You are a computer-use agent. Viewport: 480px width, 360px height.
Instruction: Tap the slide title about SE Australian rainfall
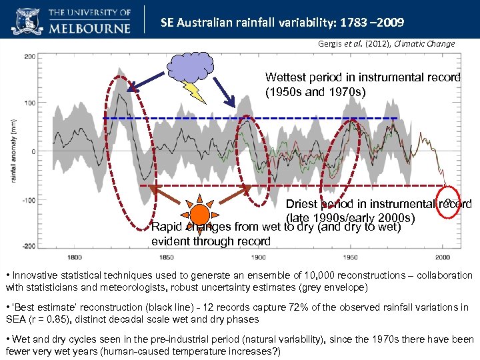pos(282,23)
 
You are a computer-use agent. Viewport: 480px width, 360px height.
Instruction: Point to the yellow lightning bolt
pos(196,92)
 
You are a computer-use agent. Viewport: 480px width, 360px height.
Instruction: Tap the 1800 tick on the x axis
pos(75,257)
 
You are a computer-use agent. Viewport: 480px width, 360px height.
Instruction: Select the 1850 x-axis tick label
pos(167,257)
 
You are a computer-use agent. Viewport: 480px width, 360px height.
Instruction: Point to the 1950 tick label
pos(351,257)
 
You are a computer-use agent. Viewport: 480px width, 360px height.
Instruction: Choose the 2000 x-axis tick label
pos(442,257)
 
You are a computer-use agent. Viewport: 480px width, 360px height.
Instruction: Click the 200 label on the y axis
pos(30,57)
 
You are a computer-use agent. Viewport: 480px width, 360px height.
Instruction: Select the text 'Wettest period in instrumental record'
pos(363,77)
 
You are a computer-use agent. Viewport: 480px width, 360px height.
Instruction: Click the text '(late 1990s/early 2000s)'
pos(351,218)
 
